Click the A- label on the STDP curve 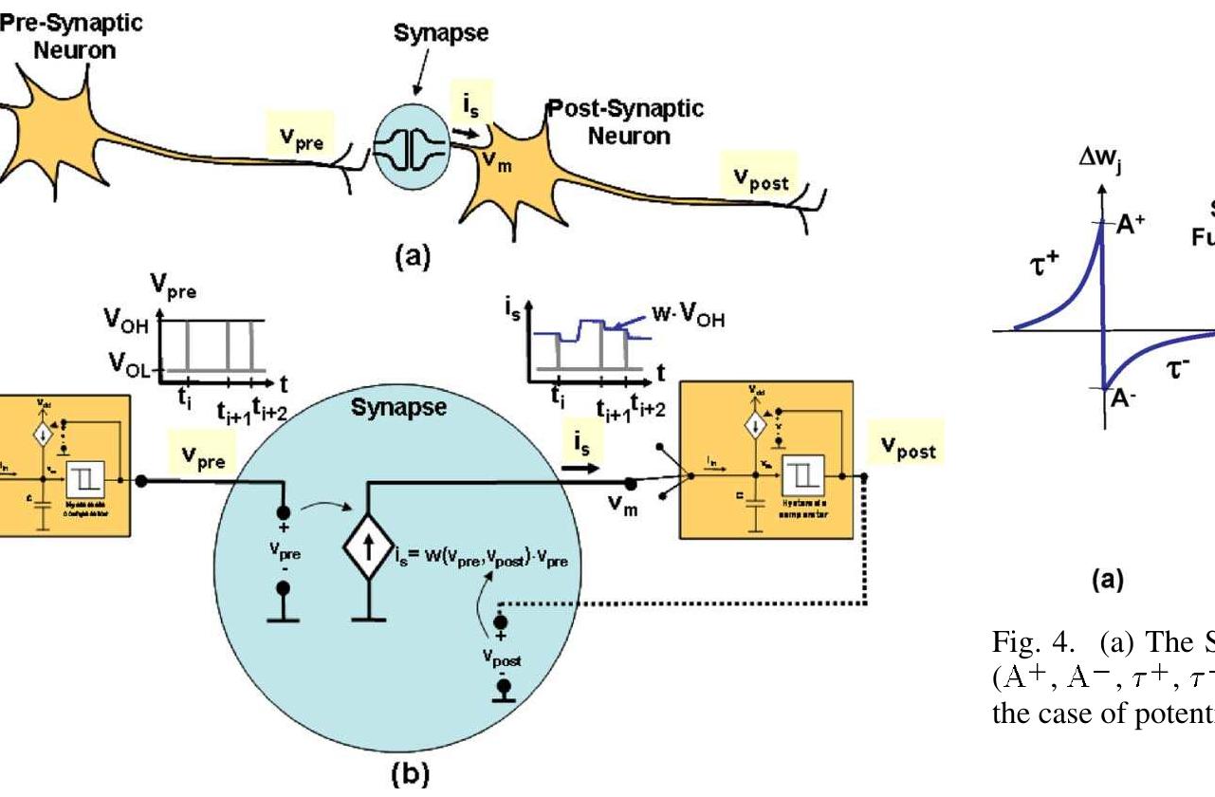pos(1121,399)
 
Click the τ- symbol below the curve pos(1179,368)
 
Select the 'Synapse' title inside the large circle pos(386,410)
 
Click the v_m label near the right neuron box pos(622,510)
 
